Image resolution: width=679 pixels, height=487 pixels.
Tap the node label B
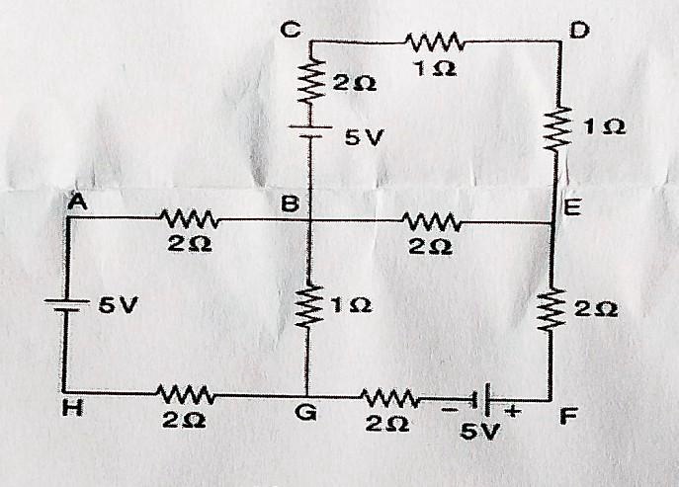click(291, 204)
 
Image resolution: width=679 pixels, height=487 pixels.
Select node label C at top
click(290, 30)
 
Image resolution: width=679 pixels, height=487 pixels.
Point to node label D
click(579, 31)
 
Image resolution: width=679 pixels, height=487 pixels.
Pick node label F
click(566, 417)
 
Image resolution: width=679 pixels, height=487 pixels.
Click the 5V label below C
click(363, 138)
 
